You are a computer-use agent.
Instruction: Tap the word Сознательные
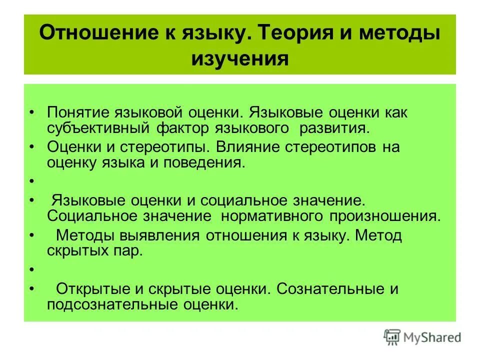tap(330, 289)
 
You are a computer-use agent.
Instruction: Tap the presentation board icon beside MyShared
tap(391, 336)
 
